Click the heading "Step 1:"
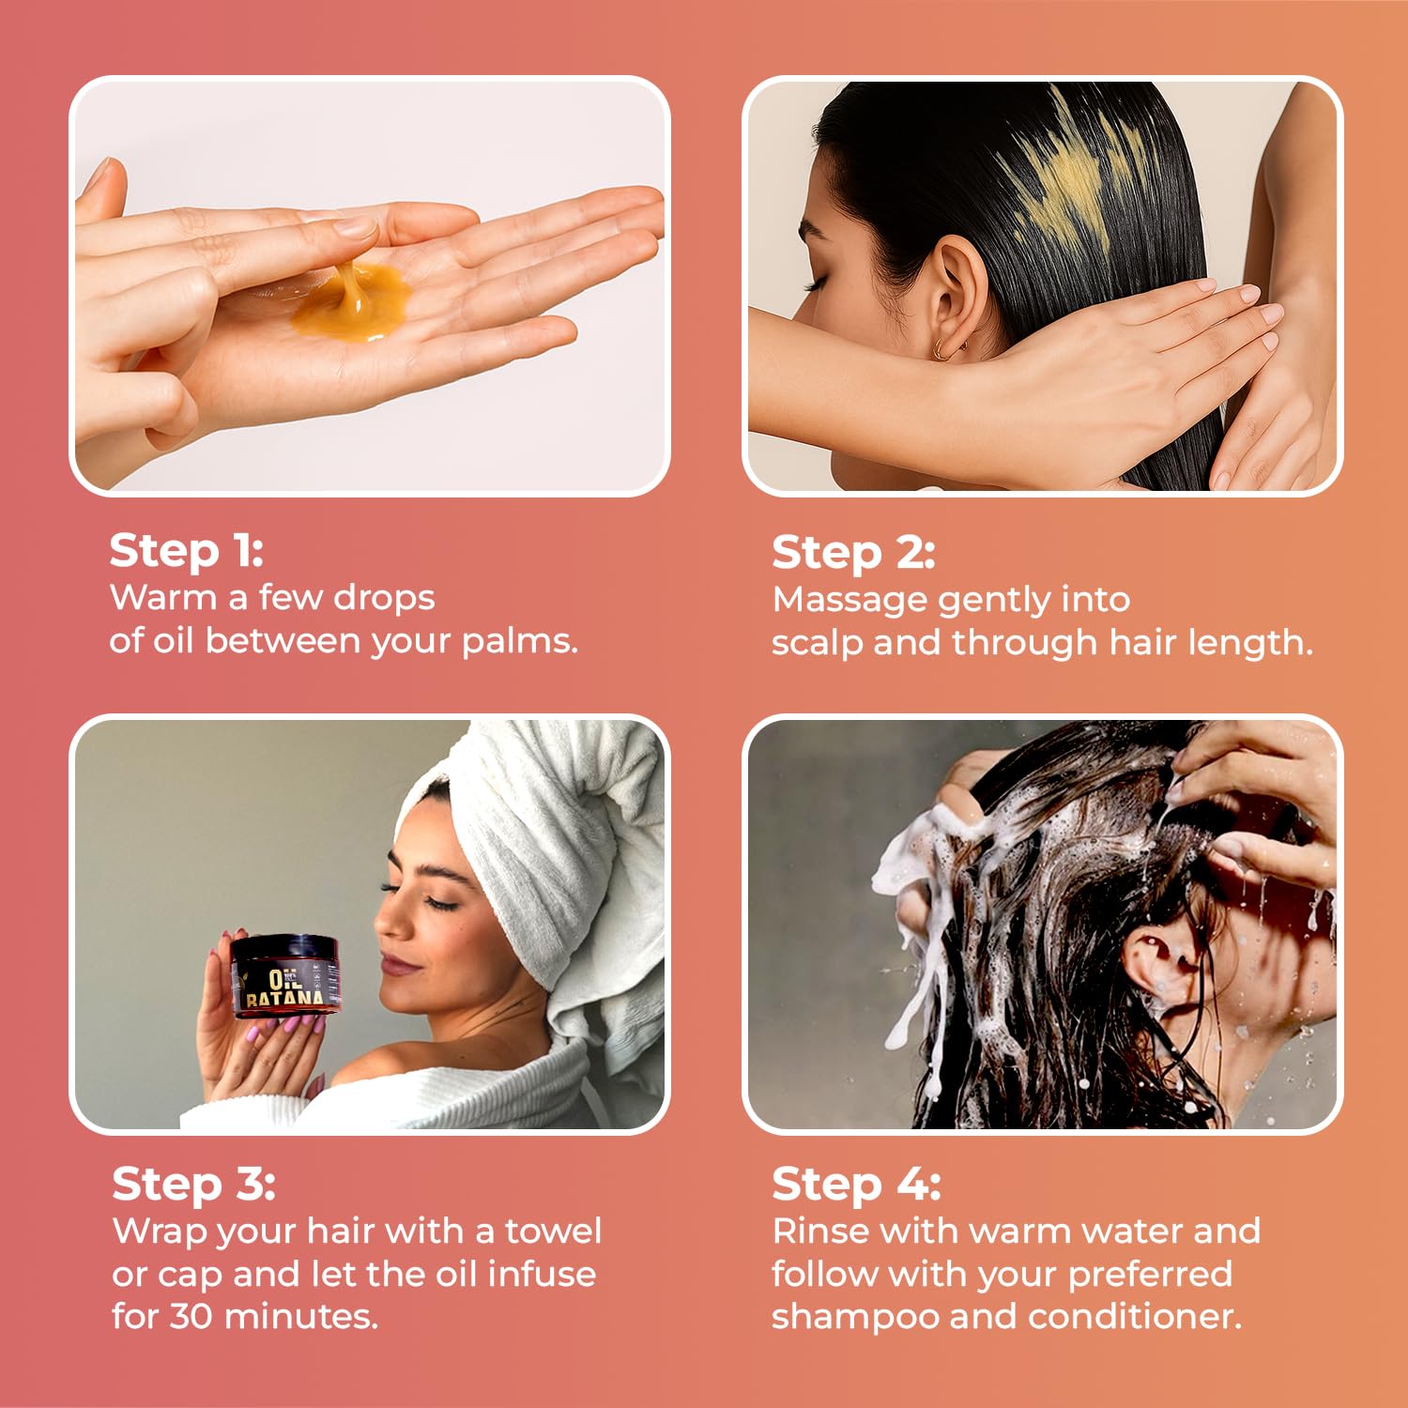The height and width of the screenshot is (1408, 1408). [x=186, y=551]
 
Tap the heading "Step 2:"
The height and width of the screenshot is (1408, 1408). [x=853, y=553]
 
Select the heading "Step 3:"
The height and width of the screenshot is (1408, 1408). [x=193, y=1185]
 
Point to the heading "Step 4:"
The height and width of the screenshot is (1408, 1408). [x=856, y=1185]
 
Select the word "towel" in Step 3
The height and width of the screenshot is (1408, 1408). [x=554, y=1231]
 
